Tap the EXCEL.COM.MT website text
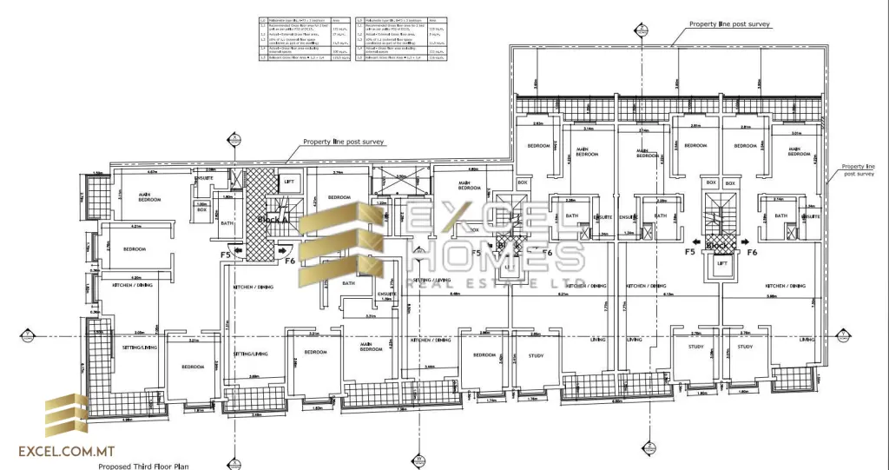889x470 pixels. coord(67,451)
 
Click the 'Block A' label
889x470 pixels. coord(273,221)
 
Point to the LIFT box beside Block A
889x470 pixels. coord(290,182)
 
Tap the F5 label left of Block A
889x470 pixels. coord(226,255)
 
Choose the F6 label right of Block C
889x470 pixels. coord(752,252)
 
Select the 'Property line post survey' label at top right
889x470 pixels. coord(729,25)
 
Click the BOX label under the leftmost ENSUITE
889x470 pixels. coord(201,209)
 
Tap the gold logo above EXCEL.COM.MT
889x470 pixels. coord(67,415)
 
